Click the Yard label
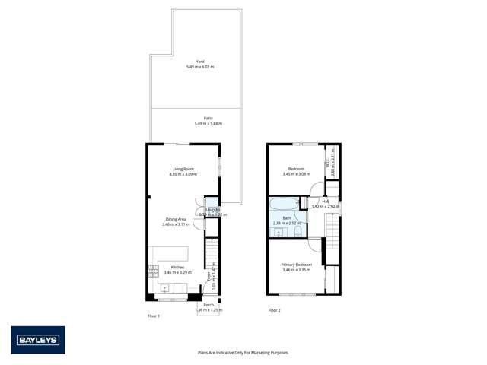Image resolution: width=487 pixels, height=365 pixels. (x=200, y=62)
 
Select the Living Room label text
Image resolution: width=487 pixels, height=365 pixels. (x=183, y=169)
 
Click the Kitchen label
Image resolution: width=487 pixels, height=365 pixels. (x=177, y=267)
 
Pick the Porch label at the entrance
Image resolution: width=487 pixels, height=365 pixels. (x=208, y=305)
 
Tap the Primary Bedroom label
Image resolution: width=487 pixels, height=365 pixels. (x=297, y=265)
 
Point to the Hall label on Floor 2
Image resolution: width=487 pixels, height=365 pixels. (x=325, y=202)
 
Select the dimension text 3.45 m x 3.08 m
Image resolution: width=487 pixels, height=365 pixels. (x=296, y=174)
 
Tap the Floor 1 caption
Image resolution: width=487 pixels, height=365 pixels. (x=153, y=315)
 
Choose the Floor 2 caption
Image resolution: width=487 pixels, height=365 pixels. (x=274, y=310)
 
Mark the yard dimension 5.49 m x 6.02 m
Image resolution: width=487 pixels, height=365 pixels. (x=200, y=67)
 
